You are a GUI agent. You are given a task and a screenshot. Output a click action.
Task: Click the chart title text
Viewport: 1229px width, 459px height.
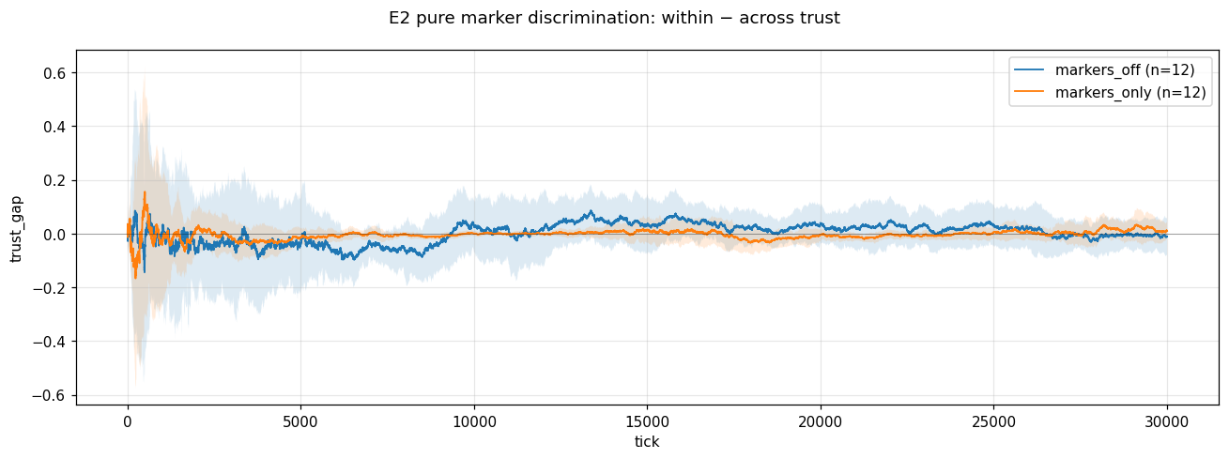pos(614,18)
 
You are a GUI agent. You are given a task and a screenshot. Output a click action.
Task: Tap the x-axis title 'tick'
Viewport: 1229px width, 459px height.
pos(647,441)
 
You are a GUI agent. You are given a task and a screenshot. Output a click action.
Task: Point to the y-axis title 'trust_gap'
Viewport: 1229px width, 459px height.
pos(16,234)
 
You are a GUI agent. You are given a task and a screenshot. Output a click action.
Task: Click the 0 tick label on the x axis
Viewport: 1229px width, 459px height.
pos(128,421)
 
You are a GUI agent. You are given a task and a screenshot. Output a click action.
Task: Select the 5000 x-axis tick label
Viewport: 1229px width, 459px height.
pos(300,421)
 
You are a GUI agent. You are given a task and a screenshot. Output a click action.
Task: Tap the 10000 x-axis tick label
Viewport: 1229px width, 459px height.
pos(474,421)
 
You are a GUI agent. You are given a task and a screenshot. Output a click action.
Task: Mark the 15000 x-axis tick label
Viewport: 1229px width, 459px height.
pos(647,421)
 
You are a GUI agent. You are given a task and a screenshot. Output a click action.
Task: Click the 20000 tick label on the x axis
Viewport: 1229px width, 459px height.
pos(821,421)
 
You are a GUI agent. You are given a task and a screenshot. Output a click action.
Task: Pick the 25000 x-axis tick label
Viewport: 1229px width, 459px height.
pos(993,421)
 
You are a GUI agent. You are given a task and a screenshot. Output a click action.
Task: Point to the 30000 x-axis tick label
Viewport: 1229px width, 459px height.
pos(1167,421)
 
